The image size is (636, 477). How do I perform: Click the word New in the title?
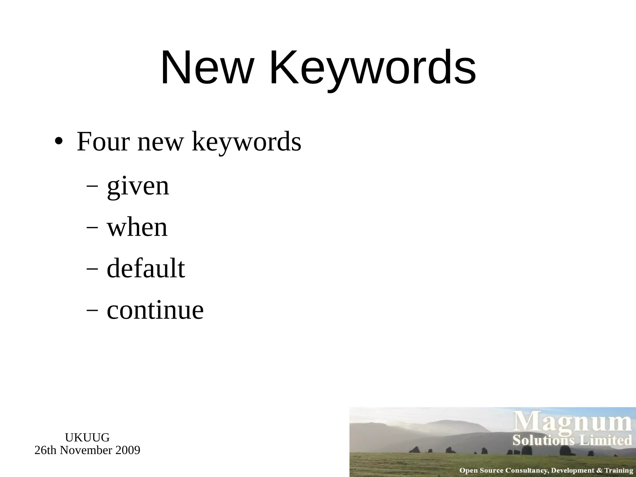207,67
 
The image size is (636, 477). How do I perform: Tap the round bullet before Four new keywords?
58,142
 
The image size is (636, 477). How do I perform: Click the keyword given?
138,186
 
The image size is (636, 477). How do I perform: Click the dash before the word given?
92,187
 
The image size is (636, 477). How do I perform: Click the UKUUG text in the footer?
87,438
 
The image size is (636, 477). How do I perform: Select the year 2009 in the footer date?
128,450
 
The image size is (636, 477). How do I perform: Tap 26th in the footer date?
46,450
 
